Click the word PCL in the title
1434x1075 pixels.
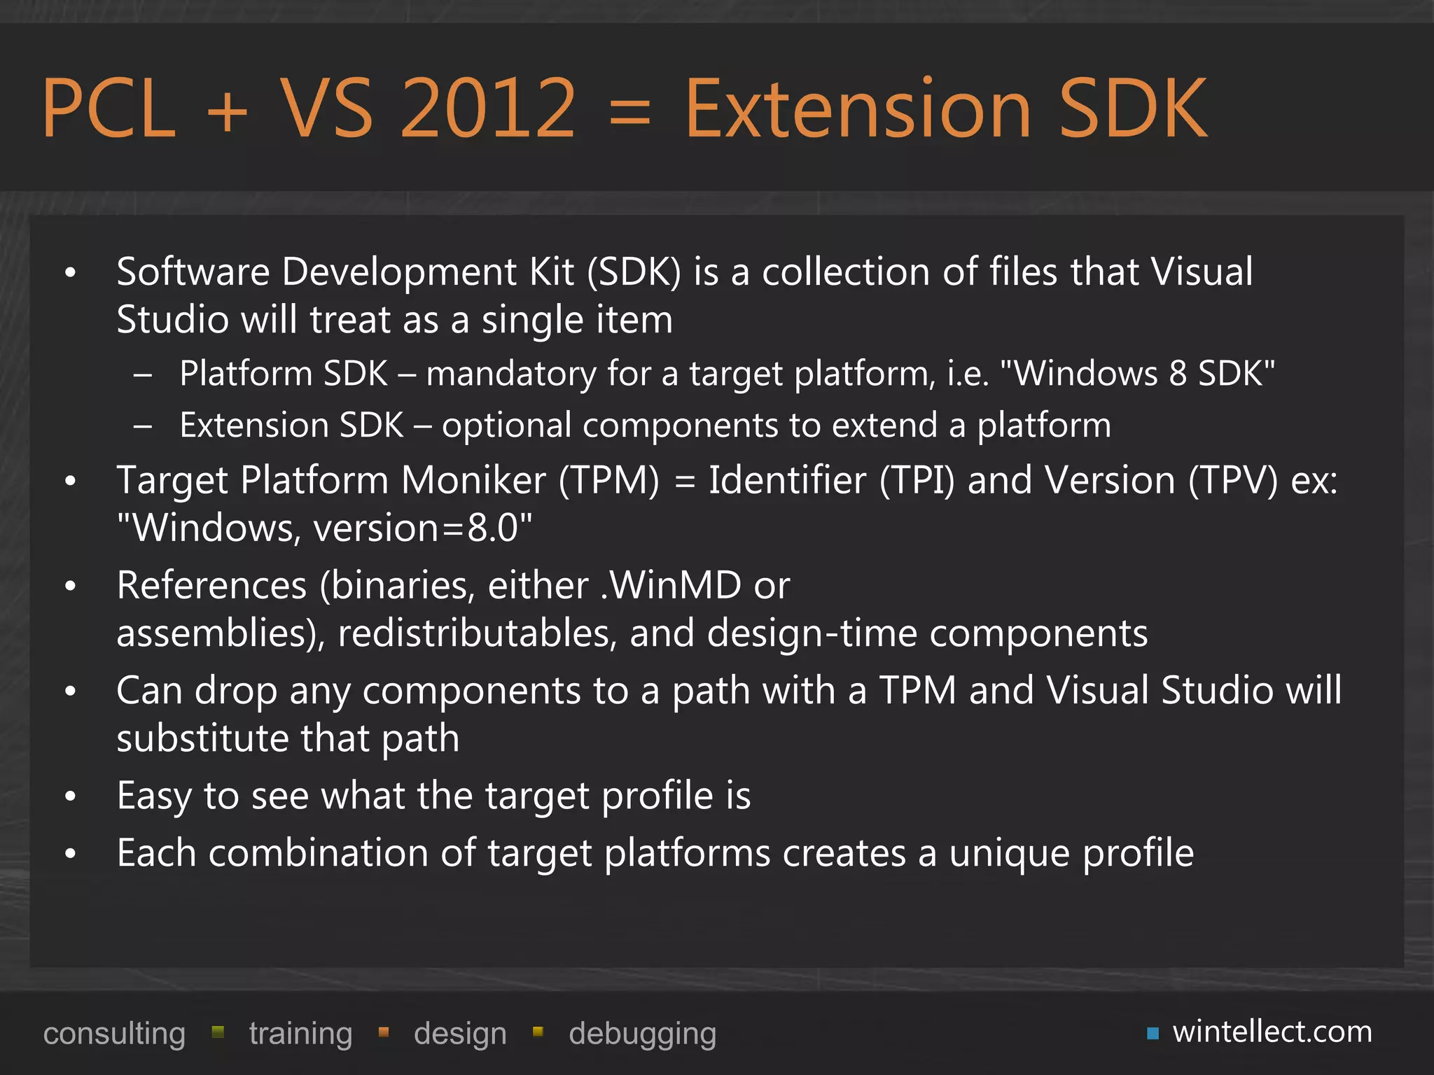[x=109, y=108]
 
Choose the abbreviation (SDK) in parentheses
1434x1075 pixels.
[x=634, y=272]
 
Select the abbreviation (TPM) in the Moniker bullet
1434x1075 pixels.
[x=608, y=481]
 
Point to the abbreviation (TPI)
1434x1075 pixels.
[x=917, y=481]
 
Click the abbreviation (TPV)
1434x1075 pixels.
[x=1233, y=481]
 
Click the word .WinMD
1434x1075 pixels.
[x=671, y=585]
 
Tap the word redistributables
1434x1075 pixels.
[x=477, y=633]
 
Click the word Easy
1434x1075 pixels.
[x=154, y=796]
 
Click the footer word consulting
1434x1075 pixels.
[x=114, y=1034]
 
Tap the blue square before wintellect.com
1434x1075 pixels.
[x=1153, y=1034]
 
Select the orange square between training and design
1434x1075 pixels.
[x=384, y=1032]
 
